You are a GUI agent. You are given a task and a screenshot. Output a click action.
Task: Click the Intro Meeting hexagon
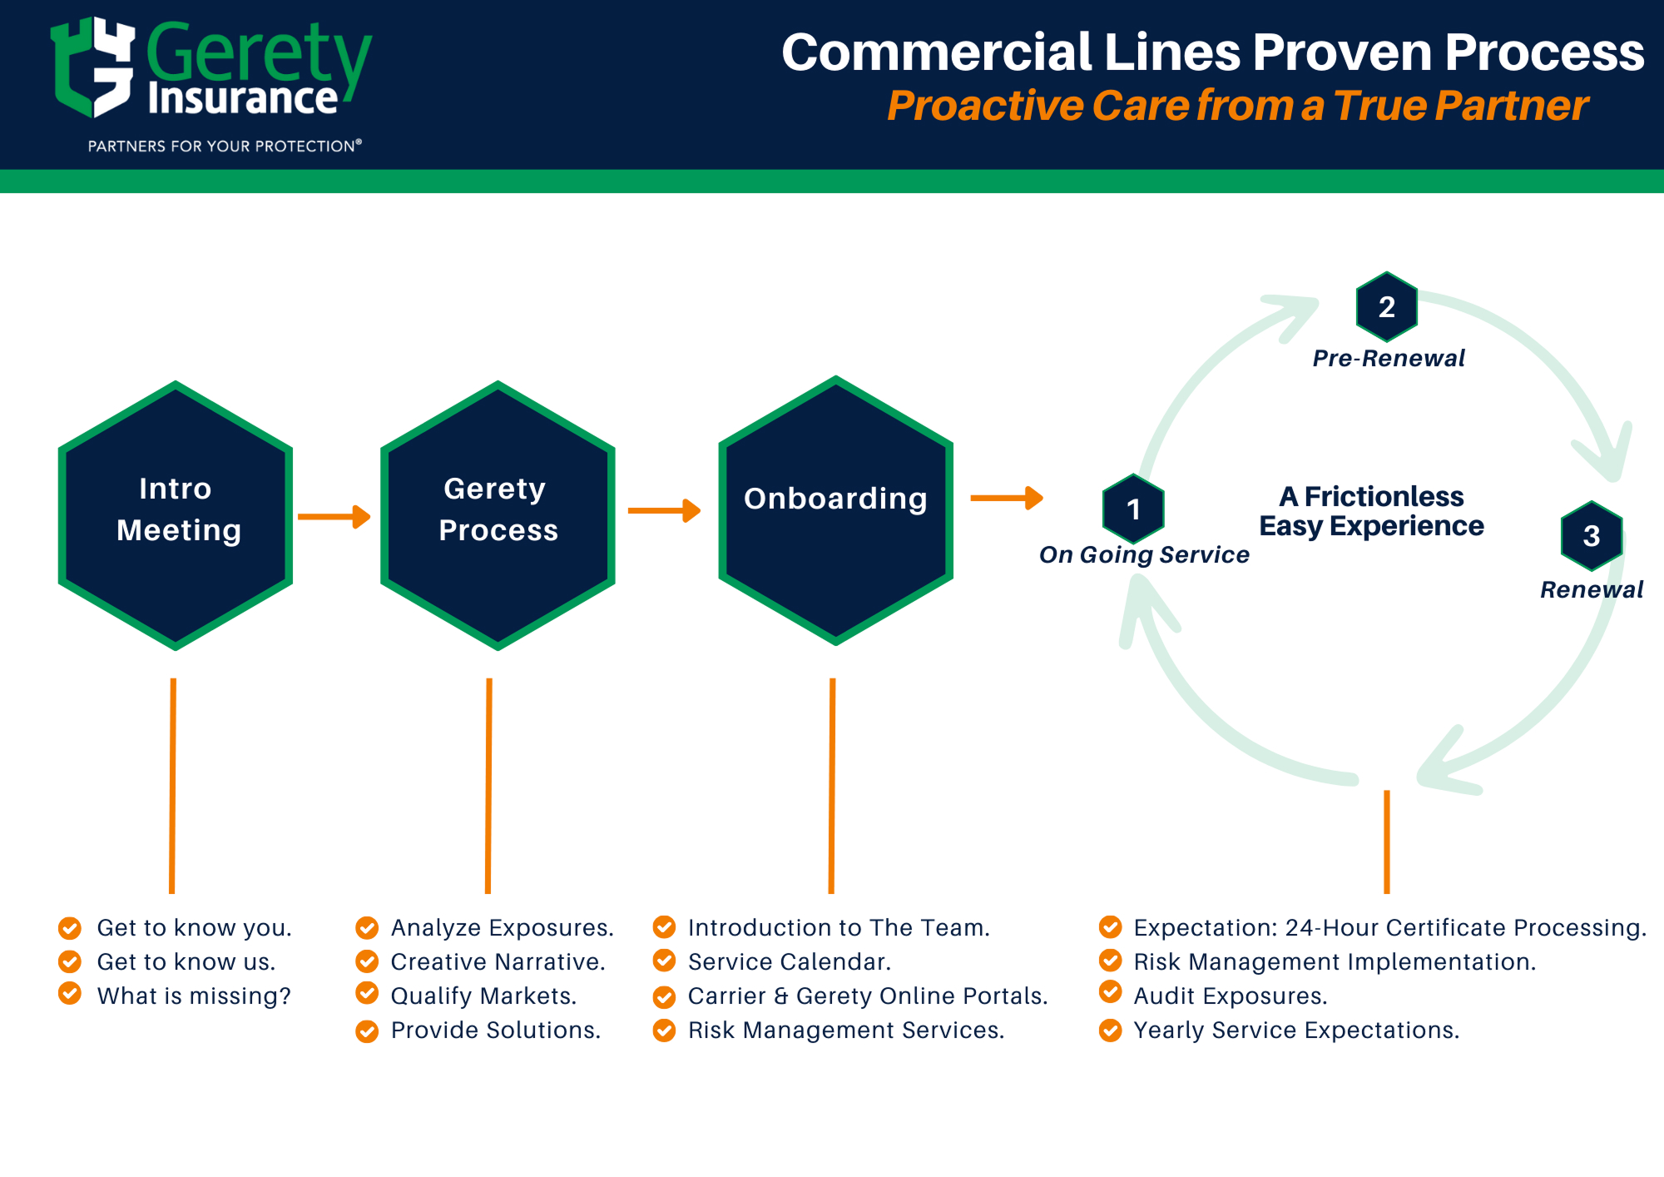[176, 514]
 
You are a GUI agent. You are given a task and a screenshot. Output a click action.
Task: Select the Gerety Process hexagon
[498, 514]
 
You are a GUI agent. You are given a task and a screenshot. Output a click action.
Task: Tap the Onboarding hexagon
[835, 509]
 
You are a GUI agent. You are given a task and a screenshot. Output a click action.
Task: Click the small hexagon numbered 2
[1386, 306]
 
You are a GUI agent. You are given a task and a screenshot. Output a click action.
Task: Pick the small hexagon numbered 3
[1591, 535]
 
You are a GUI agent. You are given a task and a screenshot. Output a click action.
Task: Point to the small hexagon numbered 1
[1132, 508]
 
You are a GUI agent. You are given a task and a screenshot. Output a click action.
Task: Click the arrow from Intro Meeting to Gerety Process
[334, 517]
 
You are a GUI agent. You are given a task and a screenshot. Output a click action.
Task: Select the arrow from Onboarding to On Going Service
[1006, 498]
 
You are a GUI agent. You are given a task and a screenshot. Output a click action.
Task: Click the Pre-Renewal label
[1389, 358]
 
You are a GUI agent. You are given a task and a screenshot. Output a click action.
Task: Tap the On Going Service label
[1144, 554]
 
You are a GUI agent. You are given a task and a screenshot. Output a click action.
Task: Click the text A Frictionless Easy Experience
[1371, 511]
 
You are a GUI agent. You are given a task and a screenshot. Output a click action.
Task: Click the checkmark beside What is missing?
[70, 993]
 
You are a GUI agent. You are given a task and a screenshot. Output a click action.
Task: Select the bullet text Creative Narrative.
[498, 961]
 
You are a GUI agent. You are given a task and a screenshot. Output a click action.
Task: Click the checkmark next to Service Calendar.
[664, 961]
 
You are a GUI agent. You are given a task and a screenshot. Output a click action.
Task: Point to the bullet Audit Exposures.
[1230, 996]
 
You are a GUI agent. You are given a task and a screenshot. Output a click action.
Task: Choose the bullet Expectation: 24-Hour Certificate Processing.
[1389, 927]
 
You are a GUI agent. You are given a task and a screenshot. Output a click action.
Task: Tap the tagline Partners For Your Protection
[225, 146]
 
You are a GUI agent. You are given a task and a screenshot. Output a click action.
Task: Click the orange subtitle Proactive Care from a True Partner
[1237, 106]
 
